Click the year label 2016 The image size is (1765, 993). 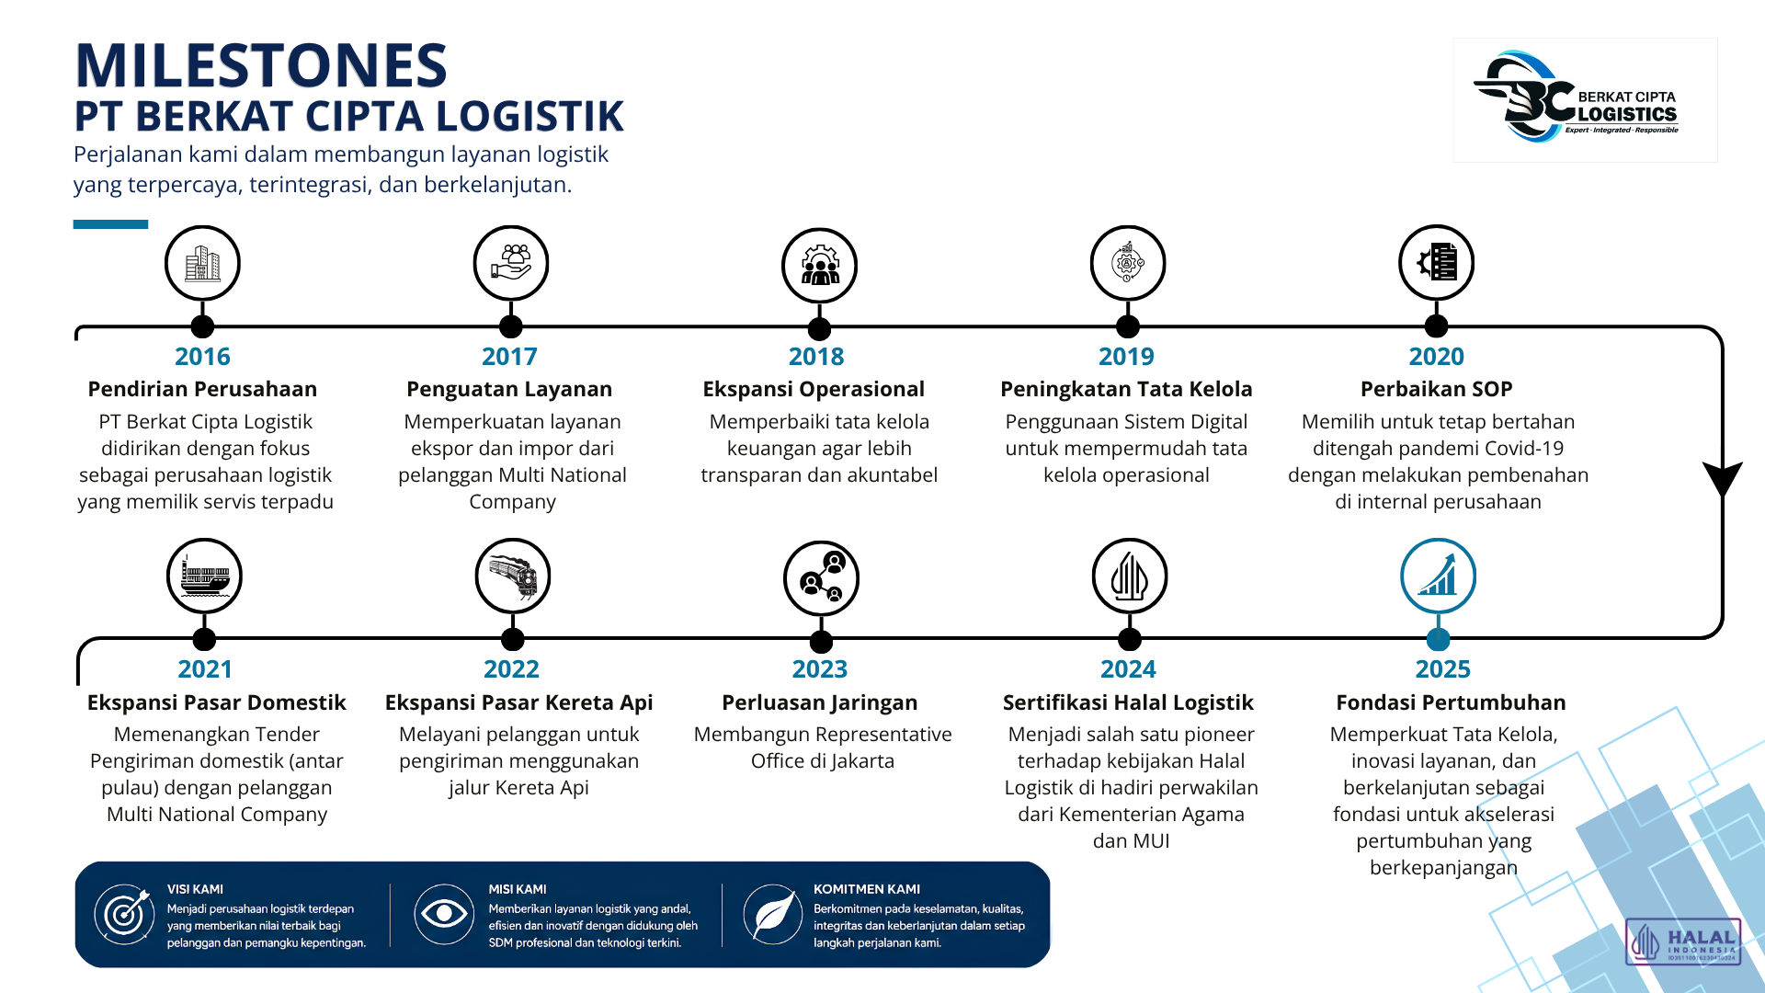[202, 357]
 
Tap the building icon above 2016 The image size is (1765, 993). [202, 264]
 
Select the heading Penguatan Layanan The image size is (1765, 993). [509, 389]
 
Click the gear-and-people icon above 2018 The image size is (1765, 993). [819, 266]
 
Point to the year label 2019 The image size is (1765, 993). [1126, 357]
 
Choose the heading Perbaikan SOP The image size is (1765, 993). [1436, 389]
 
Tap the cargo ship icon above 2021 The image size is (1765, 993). [204, 576]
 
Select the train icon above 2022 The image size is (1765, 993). [513, 576]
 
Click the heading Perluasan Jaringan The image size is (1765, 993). [819, 702]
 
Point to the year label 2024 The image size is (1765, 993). [1128, 669]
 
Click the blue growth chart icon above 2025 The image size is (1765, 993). [1438, 576]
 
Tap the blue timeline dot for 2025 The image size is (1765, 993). [1438, 639]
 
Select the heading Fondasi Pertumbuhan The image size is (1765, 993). [1451, 702]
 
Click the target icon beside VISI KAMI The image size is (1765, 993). [124, 914]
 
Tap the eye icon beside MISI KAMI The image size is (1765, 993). [444, 914]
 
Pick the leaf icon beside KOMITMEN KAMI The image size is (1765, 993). [773, 914]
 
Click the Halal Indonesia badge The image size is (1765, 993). [1683, 942]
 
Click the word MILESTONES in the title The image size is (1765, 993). [261, 65]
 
